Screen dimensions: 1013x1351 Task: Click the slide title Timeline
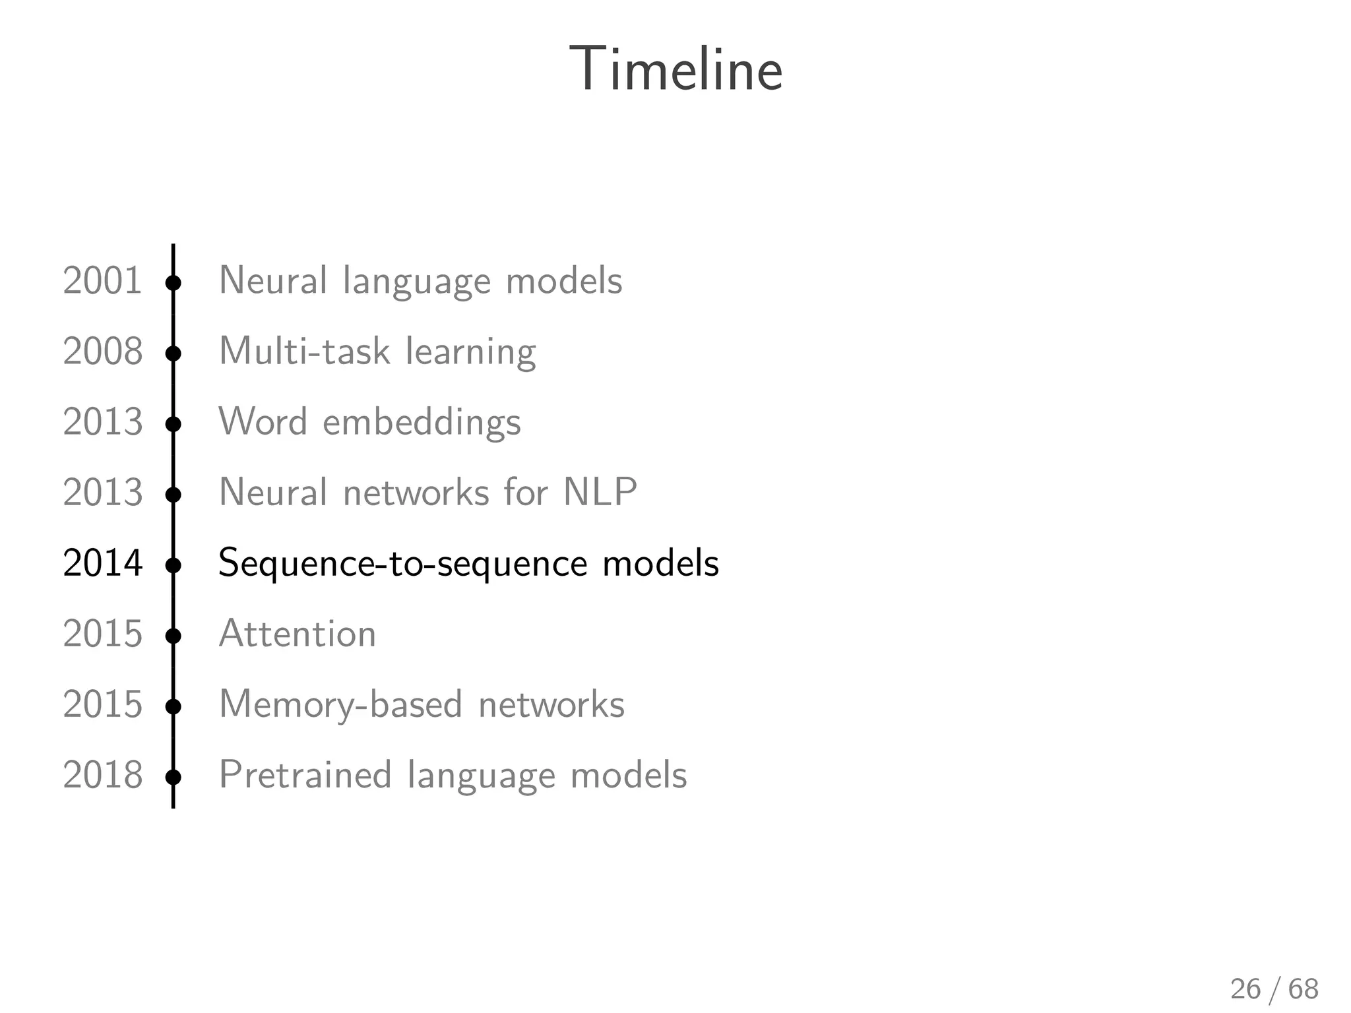click(675, 69)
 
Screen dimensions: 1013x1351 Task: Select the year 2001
click(102, 280)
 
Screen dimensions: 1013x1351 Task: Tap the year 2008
click(102, 351)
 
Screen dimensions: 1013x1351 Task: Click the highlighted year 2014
click(102, 563)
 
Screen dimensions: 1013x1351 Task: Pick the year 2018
click(102, 775)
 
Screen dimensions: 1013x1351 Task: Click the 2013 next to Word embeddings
click(102, 421)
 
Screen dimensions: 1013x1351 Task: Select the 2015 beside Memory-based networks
click(102, 704)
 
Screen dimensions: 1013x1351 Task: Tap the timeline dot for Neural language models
click(173, 284)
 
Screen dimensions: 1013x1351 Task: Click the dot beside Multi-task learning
click(173, 354)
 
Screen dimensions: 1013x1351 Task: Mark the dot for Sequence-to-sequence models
click(173, 566)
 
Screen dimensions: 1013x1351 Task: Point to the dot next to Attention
click(173, 636)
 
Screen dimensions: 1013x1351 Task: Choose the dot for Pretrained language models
click(173, 778)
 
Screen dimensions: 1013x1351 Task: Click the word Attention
click(297, 634)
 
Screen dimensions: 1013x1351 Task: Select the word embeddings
click(422, 422)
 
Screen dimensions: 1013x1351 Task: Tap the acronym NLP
click(600, 492)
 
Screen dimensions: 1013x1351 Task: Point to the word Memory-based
click(340, 705)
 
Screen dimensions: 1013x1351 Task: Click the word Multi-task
click(304, 351)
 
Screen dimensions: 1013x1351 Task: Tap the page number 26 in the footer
click(1245, 989)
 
